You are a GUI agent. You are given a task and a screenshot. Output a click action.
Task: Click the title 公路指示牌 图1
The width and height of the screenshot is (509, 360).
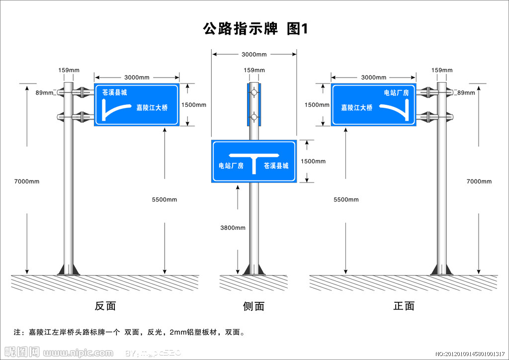pos(255,29)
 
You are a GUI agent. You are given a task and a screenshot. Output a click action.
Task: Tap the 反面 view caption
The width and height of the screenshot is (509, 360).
pos(105,306)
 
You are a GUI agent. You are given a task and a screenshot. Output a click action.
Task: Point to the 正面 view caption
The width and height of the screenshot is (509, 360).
pos(404,306)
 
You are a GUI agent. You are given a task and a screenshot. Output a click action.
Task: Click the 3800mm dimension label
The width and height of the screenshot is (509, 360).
pos(233,228)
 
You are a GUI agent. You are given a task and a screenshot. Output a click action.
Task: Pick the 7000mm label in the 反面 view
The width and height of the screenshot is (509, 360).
pos(27,181)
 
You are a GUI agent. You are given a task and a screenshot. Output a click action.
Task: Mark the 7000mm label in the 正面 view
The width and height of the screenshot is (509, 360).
pos(479,181)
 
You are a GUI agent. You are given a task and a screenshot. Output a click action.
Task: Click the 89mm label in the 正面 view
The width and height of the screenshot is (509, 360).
pos(466,92)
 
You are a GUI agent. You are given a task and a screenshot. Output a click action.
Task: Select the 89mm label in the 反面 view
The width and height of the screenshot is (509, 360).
pos(44,92)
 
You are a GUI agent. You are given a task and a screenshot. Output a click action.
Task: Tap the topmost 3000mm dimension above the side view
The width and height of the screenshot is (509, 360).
pos(254,54)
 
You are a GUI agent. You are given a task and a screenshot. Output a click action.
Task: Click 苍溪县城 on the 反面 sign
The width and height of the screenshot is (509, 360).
pos(115,92)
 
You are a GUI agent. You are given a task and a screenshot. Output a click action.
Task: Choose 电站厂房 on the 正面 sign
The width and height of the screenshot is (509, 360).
pos(396,92)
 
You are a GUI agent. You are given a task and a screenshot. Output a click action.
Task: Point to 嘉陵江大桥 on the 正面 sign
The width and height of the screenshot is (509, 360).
pos(356,107)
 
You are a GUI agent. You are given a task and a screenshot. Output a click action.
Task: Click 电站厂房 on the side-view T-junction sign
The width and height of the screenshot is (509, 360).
pos(231,166)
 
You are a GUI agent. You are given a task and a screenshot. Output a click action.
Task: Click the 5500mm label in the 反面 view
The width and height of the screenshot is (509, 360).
pos(165,199)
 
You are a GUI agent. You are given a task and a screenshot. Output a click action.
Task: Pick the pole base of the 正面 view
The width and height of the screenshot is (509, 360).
pos(441,269)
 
